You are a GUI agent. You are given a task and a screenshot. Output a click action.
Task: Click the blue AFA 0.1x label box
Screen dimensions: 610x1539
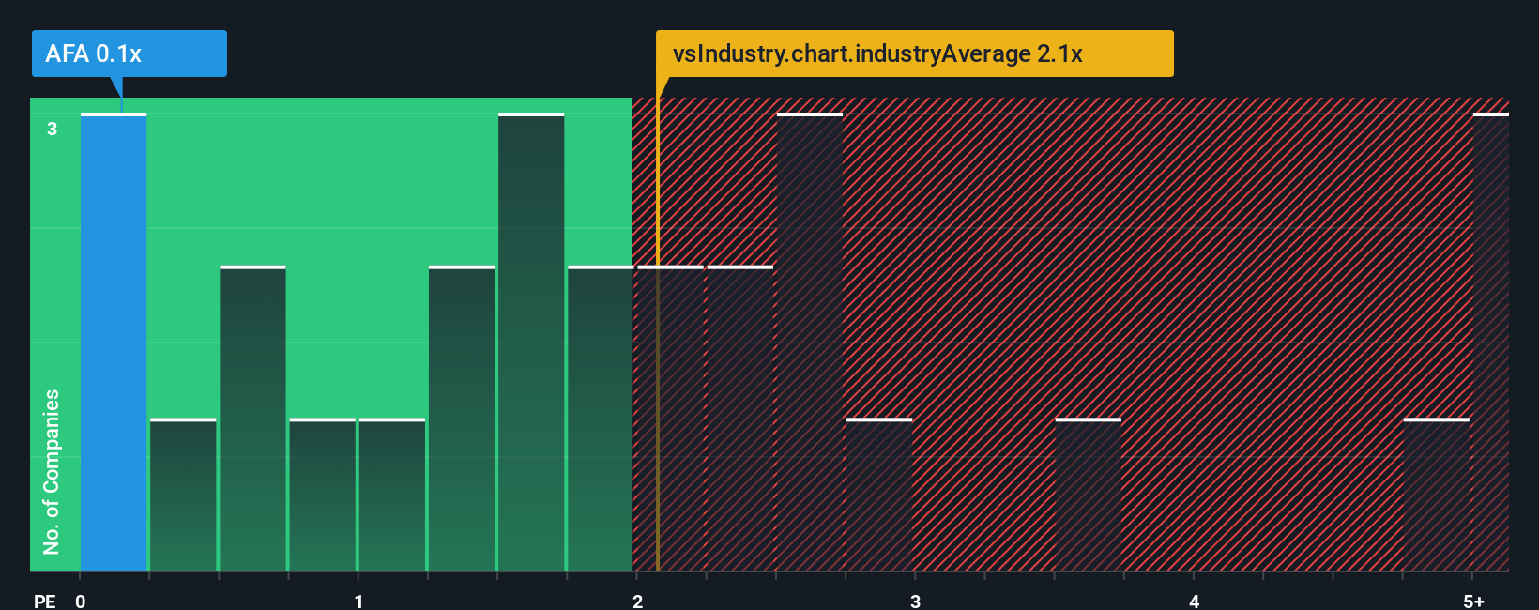point(130,53)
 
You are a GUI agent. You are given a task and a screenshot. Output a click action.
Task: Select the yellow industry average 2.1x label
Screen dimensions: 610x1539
point(914,53)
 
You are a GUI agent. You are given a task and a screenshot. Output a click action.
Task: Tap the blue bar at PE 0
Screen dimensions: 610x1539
point(114,343)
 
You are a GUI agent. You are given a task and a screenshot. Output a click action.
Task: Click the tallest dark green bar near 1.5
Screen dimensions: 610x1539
point(531,343)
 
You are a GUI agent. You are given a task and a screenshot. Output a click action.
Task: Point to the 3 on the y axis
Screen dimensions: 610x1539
point(53,129)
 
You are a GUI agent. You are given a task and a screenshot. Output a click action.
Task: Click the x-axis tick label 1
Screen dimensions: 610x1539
point(358,602)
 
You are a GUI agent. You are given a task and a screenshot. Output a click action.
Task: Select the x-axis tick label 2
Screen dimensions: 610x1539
point(637,602)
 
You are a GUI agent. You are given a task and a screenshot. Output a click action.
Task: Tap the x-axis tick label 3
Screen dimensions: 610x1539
point(915,602)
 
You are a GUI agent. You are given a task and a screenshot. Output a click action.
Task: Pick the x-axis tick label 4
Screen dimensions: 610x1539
point(1194,602)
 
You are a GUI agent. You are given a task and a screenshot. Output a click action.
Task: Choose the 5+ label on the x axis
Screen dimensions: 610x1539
point(1473,602)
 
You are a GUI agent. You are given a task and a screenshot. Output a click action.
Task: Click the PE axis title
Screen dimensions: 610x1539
point(44,602)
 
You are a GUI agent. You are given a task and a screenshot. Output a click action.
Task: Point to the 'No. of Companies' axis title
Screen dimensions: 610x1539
point(52,471)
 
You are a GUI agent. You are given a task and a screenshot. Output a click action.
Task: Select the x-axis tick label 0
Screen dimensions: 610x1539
point(81,602)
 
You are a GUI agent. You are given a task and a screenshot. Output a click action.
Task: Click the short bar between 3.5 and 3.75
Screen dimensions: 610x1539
point(1089,495)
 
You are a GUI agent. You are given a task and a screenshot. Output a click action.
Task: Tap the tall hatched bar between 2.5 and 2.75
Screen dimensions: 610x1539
point(810,343)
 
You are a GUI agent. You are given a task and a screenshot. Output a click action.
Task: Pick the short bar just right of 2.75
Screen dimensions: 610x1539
point(879,495)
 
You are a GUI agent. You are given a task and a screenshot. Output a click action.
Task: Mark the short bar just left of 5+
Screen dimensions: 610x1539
point(1437,495)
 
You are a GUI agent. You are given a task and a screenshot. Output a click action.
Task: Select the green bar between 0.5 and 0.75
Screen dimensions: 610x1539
point(252,419)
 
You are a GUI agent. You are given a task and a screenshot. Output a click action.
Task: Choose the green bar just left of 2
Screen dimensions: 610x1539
point(601,419)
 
